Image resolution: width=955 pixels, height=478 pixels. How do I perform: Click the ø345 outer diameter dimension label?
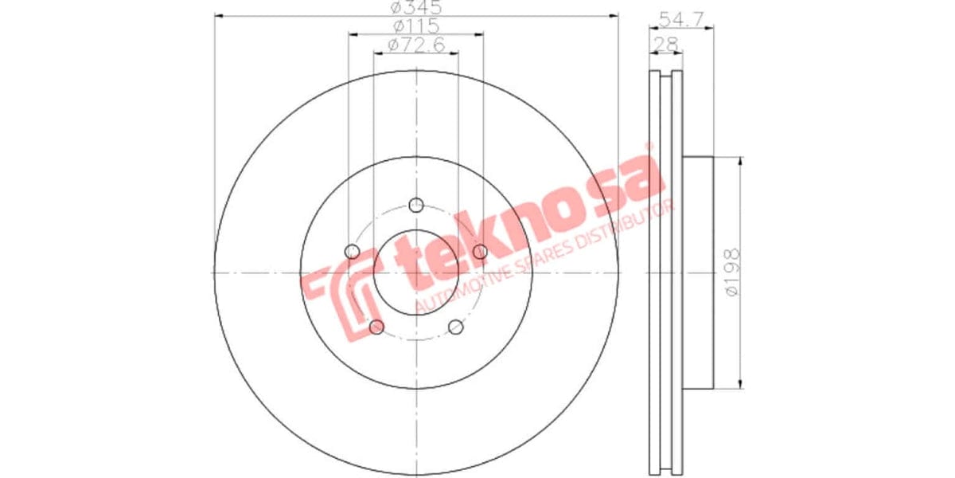415,9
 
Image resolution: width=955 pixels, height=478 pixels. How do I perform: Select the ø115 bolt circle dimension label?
415,26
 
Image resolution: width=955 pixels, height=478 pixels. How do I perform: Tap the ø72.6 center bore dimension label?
415,45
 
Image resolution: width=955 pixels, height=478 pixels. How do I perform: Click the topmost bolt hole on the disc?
415,206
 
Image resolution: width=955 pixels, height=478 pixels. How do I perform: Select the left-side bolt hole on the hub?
353,252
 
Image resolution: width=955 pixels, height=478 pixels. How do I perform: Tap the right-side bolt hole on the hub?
479,252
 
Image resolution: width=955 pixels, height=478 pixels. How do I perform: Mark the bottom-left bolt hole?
377,327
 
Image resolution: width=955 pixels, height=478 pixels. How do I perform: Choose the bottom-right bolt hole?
455,327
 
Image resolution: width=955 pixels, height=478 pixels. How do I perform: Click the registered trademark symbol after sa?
649,147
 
